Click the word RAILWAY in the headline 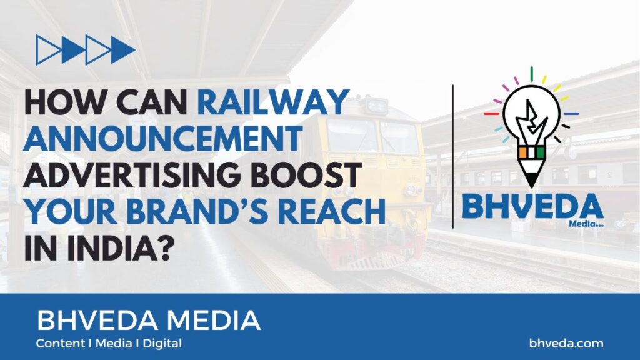tap(273, 102)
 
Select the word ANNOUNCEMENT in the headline tap(162, 138)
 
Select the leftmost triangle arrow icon tap(48, 50)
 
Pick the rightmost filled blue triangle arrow tap(122, 50)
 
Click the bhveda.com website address tap(566, 343)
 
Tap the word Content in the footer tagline tap(60, 343)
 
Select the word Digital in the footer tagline tap(162, 344)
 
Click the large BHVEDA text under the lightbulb tap(532, 206)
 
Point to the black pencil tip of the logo tap(531, 179)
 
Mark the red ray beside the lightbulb tap(491, 114)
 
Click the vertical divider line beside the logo tap(453, 156)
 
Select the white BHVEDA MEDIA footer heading tap(149, 320)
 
